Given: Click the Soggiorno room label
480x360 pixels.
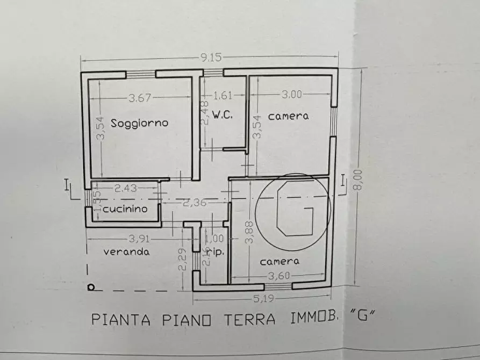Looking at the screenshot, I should pos(139,123).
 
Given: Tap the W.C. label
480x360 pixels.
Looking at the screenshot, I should pos(221,115).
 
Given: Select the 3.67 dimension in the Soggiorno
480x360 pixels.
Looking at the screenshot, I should pos(140,98).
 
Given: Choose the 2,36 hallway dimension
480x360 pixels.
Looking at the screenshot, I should pos(194,203).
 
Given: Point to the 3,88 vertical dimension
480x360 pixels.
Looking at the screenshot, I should pos(248,233).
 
